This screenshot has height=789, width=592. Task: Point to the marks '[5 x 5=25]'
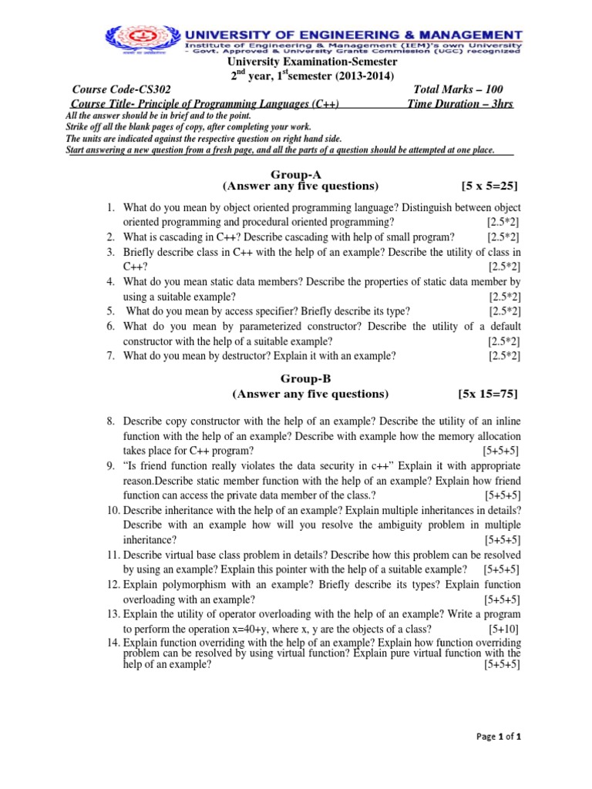[x=489, y=187]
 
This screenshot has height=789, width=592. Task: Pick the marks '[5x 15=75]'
[x=488, y=394]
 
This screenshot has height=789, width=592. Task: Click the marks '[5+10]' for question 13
[x=504, y=628]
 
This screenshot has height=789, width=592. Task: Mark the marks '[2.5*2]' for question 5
[x=504, y=311]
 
